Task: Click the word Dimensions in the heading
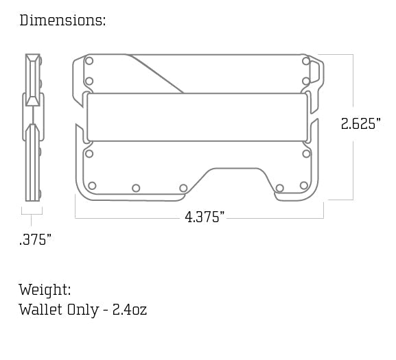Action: (x=62, y=21)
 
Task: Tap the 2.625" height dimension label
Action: (x=360, y=125)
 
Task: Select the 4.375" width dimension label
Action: (x=205, y=217)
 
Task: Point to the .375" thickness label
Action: (x=35, y=239)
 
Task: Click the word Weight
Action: (x=45, y=290)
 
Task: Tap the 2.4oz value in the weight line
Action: (x=130, y=310)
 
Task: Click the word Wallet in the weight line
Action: (x=40, y=310)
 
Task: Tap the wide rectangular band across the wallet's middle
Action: (x=197, y=117)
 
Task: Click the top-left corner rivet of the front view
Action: (x=89, y=61)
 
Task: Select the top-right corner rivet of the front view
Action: (x=305, y=61)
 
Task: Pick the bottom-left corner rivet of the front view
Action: (x=92, y=186)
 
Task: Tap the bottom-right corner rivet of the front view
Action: (x=303, y=186)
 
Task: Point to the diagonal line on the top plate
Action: (x=158, y=75)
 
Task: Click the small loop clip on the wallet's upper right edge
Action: (x=315, y=72)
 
